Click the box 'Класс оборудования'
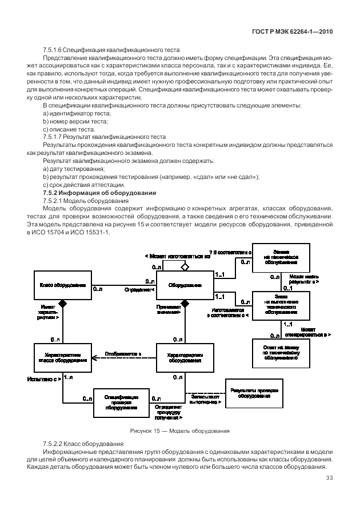63,284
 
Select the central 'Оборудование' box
184,284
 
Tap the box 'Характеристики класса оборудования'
63,358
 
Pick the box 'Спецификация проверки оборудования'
121,403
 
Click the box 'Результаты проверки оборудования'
254,393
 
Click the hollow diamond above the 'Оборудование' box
184,266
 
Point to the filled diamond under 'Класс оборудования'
63,302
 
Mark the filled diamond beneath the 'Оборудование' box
185,302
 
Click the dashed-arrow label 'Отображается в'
123,354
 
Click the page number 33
329,479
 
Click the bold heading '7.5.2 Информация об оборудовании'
99,193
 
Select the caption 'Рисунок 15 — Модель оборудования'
180,430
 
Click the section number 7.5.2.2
55,444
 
